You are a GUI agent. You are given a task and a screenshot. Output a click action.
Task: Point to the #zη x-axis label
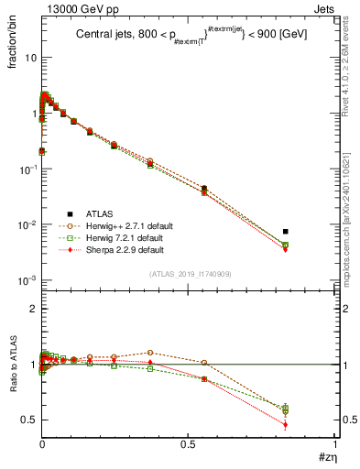pos(324,456)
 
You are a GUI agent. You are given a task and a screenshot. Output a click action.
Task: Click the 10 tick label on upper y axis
pos(29,57)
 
